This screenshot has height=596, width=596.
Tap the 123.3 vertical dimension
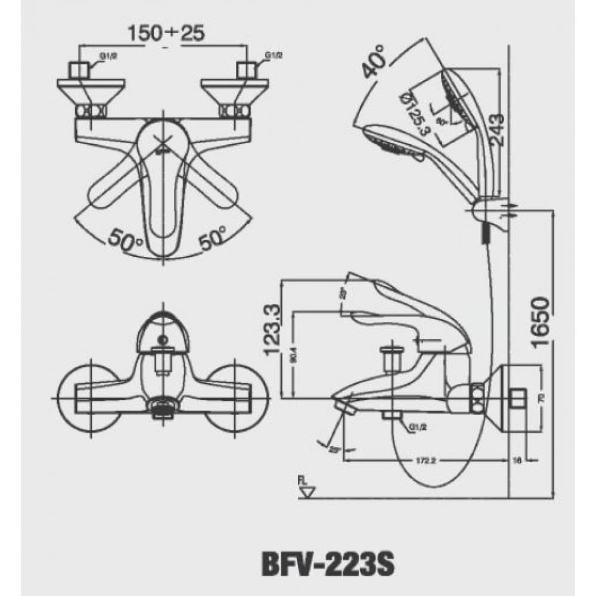[x=272, y=328]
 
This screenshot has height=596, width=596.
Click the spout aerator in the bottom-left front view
[x=162, y=409]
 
